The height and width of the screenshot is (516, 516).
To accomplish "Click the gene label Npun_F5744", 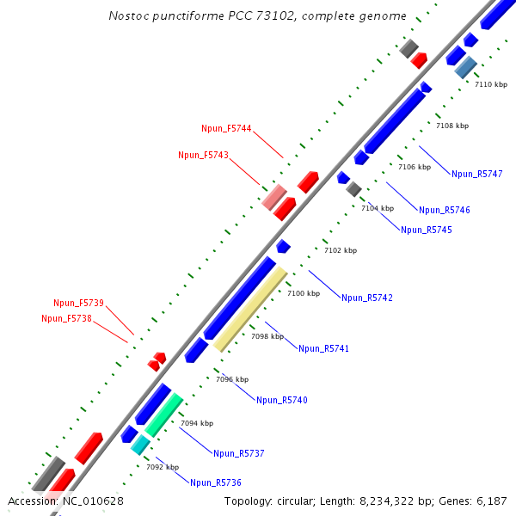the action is click(226, 129).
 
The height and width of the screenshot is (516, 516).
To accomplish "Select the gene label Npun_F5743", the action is click(203, 156).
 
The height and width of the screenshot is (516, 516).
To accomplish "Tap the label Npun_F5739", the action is click(78, 303).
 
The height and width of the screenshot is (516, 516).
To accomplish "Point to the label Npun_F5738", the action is click(66, 319).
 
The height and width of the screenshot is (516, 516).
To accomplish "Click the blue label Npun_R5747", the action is click(476, 175).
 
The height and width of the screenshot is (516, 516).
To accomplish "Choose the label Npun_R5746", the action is click(445, 211).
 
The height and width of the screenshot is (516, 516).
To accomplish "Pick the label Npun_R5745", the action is click(426, 230).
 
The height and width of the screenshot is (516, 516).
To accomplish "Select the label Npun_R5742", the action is click(366, 298).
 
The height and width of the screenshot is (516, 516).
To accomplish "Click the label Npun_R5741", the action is click(323, 349).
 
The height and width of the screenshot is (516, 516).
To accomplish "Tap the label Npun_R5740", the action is click(281, 401).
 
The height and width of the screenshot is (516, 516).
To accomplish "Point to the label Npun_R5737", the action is click(239, 453).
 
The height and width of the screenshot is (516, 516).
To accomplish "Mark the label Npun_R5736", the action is click(216, 483).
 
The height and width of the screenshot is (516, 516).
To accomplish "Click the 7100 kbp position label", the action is click(303, 294).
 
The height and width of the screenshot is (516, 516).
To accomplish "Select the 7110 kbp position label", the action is click(491, 84).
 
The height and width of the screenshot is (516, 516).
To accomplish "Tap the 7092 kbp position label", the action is click(163, 468).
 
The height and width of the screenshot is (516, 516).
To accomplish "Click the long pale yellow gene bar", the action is click(250, 310).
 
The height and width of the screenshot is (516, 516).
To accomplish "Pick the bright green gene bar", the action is click(163, 415).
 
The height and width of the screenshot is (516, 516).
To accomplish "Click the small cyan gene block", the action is click(140, 445).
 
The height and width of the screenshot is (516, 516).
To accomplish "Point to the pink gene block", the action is click(274, 198).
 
